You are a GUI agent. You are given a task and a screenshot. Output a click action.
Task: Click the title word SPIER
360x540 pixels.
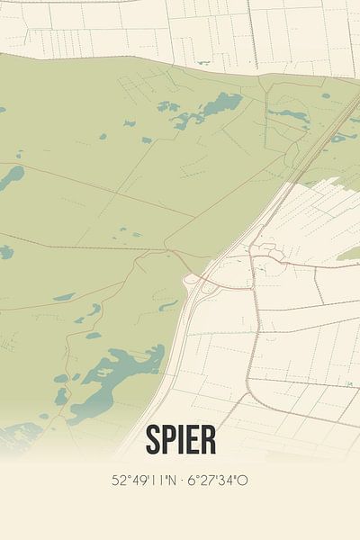[180, 440]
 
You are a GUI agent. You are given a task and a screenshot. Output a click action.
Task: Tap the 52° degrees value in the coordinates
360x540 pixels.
[120, 480]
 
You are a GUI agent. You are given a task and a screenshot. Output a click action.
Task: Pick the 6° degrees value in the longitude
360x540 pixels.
[192, 480]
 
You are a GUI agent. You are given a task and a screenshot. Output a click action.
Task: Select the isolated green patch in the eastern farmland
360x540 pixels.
[348, 254]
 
